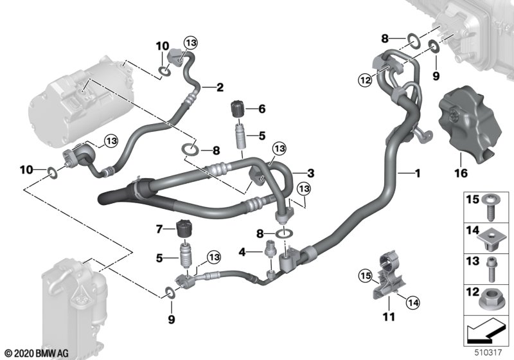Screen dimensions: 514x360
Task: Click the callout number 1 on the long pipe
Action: (x=418, y=173)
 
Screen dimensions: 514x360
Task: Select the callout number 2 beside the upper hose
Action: (x=220, y=87)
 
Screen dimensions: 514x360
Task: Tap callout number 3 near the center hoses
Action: (x=310, y=173)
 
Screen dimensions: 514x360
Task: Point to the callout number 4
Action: (x=242, y=252)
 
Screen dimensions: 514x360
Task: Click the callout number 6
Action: (x=262, y=109)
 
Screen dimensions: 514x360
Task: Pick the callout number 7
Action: (x=159, y=230)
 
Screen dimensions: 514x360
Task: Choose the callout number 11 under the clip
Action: (x=389, y=317)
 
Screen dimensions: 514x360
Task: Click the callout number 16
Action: (x=461, y=173)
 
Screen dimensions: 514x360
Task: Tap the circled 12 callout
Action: (x=366, y=80)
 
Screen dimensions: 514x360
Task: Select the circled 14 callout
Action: (x=413, y=302)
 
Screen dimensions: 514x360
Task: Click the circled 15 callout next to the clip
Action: (x=366, y=276)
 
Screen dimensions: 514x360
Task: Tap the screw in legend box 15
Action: (x=491, y=207)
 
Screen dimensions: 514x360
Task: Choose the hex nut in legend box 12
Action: (x=489, y=299)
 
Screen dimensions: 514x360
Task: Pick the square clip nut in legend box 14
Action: (x=490, y=239)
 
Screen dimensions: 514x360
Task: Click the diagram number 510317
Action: (x=488, y=352)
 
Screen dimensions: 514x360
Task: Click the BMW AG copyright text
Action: (x=37, y=354)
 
